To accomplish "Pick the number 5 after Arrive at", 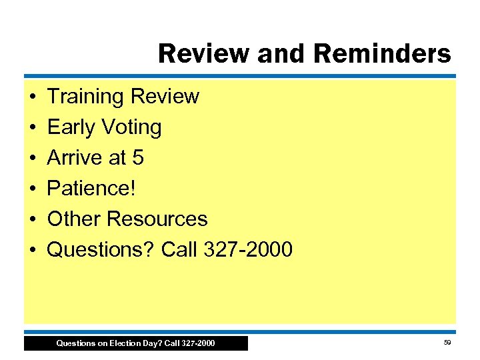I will click(137, 158).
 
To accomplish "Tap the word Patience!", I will click(91, 189).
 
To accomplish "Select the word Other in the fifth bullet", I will click(74, 219).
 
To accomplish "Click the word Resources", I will click(157, 219).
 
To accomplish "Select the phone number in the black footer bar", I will click(197, 343).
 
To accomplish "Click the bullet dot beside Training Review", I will click(33, 97).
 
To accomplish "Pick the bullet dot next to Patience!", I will click(33, 189).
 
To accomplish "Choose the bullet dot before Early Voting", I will click(33, 127).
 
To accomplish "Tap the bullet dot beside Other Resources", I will click(33, 219).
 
